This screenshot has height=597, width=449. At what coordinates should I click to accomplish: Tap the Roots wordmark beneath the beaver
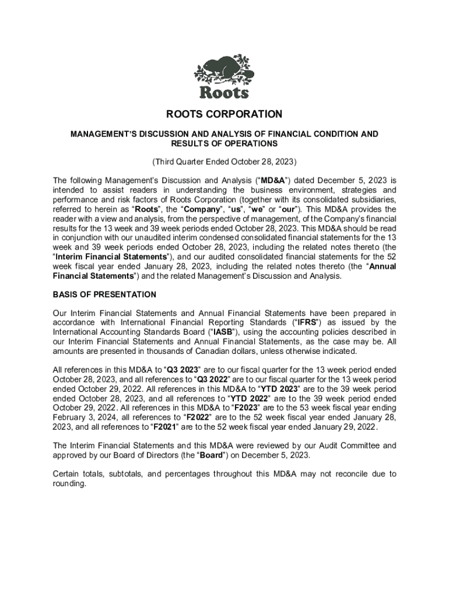(224, 92)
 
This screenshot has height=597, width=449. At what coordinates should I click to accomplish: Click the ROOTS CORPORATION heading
(224, 115)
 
